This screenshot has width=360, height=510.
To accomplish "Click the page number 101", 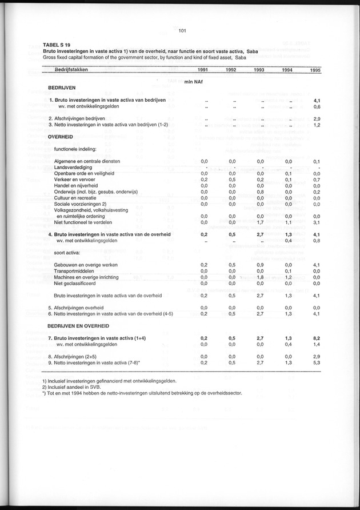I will (x=183, y=31).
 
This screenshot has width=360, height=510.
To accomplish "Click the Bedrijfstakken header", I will (x=74, y=70).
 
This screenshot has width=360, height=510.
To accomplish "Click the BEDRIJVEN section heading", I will (x=63, y=90).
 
